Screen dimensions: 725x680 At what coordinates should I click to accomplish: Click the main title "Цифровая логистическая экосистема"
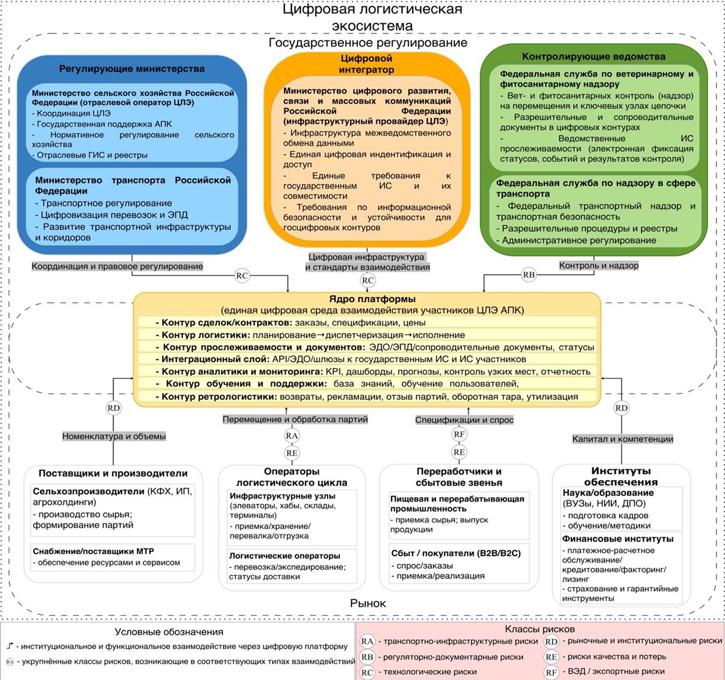click(372, 17)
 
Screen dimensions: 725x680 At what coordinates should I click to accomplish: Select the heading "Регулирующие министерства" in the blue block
click(132, 69)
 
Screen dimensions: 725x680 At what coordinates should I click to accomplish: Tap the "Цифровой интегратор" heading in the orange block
click(367, 64)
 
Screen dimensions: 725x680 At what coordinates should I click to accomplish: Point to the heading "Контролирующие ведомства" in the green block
click(593, 56)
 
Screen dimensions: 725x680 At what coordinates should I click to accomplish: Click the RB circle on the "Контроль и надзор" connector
click(528, 275)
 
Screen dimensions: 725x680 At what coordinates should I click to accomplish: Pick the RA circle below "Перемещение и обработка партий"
click(292, 435)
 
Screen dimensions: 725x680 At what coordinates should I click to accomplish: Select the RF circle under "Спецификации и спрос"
click(459, 434)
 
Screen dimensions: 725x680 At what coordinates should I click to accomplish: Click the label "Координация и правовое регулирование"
click(117, 266)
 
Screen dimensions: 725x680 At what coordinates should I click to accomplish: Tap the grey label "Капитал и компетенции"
click(623, 439)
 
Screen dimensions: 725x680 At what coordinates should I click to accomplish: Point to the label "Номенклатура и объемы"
click(114, 436)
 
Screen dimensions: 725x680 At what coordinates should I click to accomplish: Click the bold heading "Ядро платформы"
click(372, 299)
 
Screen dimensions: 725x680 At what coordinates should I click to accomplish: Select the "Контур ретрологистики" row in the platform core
click(367, 396)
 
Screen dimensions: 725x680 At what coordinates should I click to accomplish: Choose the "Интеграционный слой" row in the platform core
click(367, 359)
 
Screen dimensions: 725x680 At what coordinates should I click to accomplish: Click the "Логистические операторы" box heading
click(285, 556)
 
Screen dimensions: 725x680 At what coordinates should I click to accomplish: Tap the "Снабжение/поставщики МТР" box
click(113, 557)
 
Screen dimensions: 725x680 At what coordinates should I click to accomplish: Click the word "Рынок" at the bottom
click(368, 603)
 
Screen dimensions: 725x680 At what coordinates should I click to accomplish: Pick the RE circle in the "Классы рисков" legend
click(551, 657)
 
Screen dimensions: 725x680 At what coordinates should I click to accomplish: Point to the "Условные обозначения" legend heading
click(169, 632)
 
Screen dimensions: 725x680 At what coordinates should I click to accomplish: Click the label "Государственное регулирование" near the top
click(368, 42)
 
